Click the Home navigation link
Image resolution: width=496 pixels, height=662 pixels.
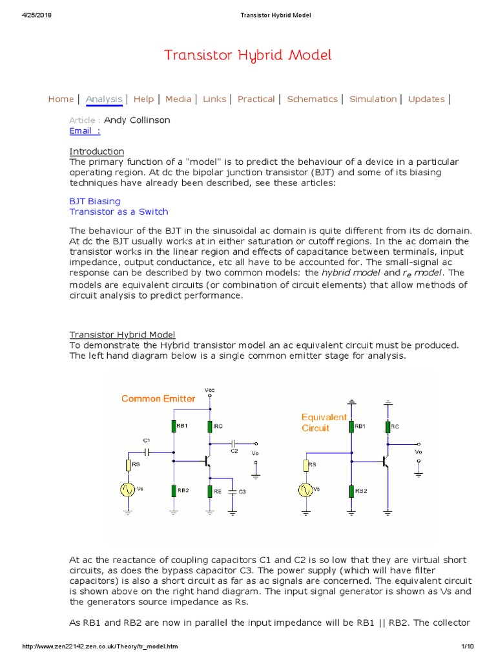tap(61, 99)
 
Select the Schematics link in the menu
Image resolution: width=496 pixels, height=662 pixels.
tap(312, 99)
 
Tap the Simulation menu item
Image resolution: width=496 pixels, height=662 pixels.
tap(373, 99)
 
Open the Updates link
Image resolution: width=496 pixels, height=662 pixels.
tap(426, 99)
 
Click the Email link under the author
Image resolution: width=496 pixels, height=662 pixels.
tap(85, 131)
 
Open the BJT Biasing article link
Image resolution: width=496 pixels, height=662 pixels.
tap(94, 201)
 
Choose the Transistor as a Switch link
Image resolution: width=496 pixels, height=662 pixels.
tap(118, 211)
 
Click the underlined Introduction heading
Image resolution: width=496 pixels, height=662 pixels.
tap(96, 151)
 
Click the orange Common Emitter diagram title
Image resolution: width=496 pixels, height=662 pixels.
tap(158, 398)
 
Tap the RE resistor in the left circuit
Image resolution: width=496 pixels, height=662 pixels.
tap(210, 491)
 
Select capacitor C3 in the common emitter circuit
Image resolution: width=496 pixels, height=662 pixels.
tap(232, 491)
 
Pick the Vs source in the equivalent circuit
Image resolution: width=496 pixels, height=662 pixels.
tap(304, 489)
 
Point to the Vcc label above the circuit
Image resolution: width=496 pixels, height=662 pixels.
tap(210, 390)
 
